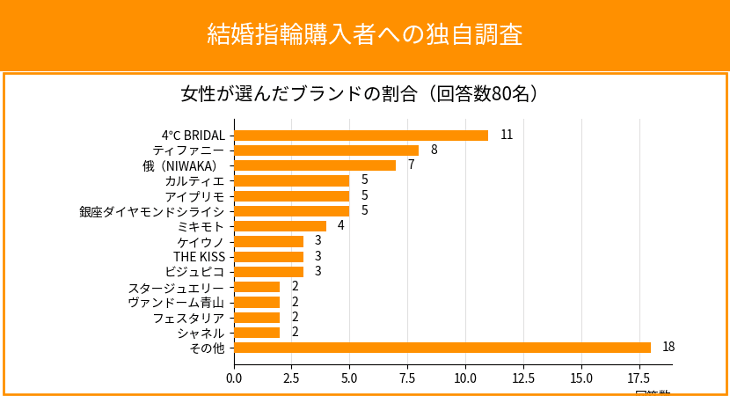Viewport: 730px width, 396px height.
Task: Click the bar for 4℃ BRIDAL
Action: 361,136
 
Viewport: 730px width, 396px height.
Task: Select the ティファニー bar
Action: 326,150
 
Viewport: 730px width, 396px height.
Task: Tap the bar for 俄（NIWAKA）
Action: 315,165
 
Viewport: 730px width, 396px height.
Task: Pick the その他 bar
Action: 442,348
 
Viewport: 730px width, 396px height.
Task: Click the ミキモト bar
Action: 280,226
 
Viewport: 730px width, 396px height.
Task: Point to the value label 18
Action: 668,348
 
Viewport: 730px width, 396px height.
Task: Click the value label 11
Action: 507,136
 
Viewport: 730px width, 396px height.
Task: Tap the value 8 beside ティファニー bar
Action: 434,150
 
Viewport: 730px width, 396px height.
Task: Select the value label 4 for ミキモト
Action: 340,226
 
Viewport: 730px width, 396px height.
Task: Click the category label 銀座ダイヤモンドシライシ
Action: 152,211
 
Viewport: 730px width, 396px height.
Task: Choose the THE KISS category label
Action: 199,257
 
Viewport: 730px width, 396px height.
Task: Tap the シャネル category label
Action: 201,333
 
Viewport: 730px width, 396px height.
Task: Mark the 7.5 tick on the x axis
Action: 407,378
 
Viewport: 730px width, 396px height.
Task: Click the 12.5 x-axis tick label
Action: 523,378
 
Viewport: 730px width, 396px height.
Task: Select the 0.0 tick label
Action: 234,378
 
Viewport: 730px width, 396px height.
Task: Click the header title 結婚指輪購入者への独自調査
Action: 365,34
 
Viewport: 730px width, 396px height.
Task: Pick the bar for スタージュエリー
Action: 257,287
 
